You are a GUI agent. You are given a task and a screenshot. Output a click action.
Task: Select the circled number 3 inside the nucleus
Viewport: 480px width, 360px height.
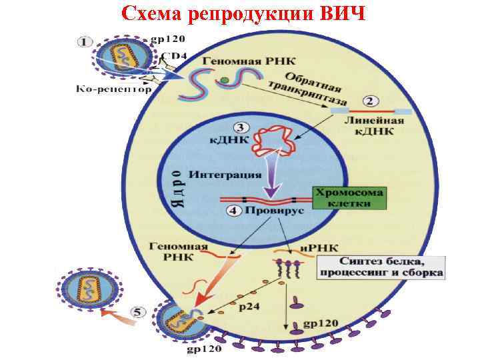tap(238, 127)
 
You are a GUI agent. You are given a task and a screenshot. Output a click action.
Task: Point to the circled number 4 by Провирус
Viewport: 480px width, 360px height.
tap(232, 211)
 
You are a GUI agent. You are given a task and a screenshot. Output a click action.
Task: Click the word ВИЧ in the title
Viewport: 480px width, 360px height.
tap(339, 13)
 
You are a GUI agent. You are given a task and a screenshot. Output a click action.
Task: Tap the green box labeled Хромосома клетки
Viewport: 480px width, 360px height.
tap(349, 198)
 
